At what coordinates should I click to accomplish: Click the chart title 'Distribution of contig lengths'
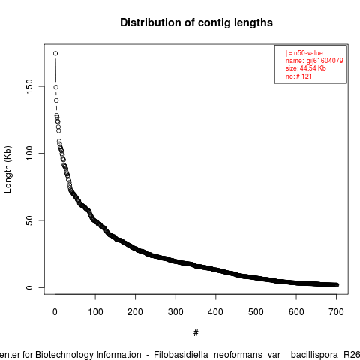(x=196, y=22)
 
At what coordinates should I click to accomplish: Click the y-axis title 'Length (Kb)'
(x=7, y=169)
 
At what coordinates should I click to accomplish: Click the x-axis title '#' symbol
(x=196, y=333)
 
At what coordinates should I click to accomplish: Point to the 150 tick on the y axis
(x=29, y=86)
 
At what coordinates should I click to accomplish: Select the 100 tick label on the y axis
(x=29, y=153)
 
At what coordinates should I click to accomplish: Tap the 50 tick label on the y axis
(x=29, y=220)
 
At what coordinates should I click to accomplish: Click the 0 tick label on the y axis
(x=29, y=287)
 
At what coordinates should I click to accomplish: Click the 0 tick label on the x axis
(x=55, y=312)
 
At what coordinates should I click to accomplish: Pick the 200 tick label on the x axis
(x=135, y=312)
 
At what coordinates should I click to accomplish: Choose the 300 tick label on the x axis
(x=175, y=312)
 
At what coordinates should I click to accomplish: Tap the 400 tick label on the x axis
(x=215, y=312)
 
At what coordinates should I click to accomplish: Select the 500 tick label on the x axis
(x=256, y=312)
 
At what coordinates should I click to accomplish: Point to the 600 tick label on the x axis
(x=296, y=312)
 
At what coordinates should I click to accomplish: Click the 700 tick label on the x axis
(x=336, y=312)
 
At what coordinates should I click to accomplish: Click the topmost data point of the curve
(x=55, y=53)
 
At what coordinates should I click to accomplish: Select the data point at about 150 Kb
(x=56, y=87)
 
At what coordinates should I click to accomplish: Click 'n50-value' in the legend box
(x=308, y=53)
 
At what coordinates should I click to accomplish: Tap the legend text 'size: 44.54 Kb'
(x=306, y=68)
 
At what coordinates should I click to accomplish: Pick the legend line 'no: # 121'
(x=299, y=76)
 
